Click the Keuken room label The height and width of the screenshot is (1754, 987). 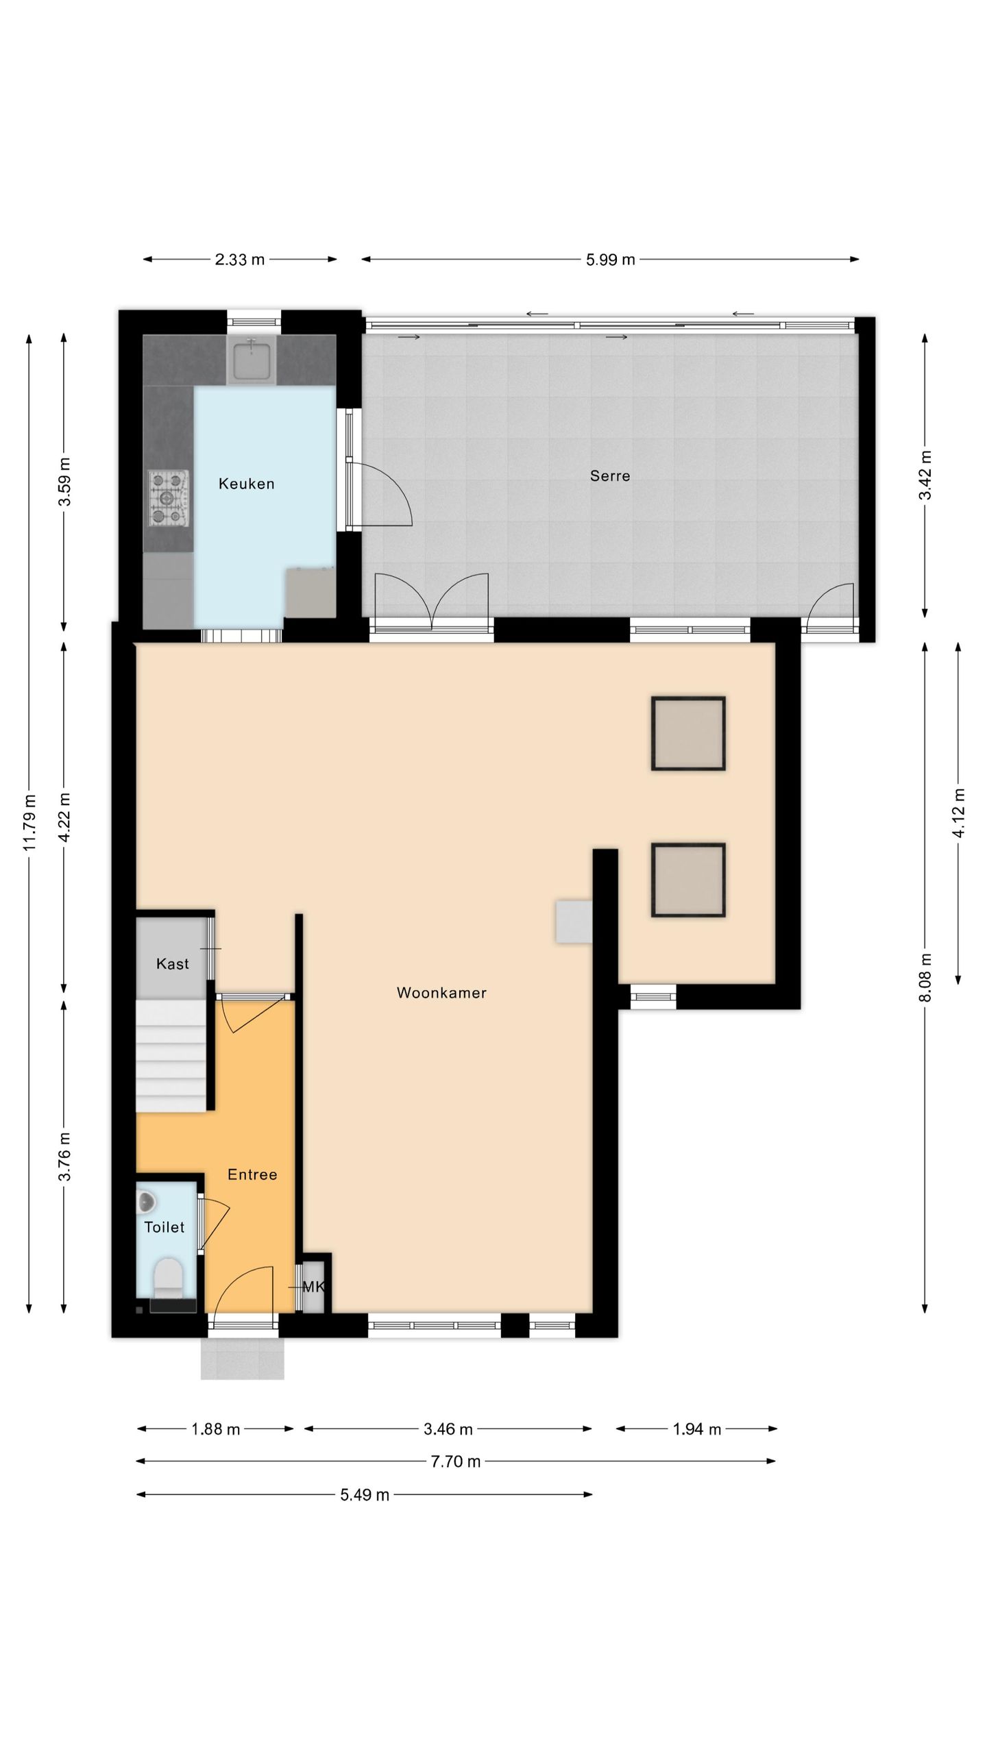coord(246,484)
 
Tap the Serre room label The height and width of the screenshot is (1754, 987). coord(610,475)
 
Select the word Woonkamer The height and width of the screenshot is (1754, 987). coord(441,993)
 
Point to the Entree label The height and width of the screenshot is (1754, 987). coord(252,1174)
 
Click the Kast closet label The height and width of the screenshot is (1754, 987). coord(172,964)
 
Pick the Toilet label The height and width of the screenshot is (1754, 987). coord(164,1227)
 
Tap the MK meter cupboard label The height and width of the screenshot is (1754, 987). coord(313,1287)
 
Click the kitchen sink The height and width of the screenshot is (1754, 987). coord(252,360)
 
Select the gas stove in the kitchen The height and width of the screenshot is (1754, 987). coord(169,498)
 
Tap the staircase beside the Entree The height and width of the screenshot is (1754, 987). coord(171,1056)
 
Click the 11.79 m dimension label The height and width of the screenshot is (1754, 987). coord(29,822)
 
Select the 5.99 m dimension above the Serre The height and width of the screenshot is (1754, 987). coord(610,260)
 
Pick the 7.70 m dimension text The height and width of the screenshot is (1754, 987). coord(455,1461)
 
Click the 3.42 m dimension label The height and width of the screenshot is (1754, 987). coord(925,475)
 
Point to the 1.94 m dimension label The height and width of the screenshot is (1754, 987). coord(696,1429)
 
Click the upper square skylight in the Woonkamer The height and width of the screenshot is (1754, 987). coord(688,734)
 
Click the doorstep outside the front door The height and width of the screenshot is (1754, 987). coord(242,1358)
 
